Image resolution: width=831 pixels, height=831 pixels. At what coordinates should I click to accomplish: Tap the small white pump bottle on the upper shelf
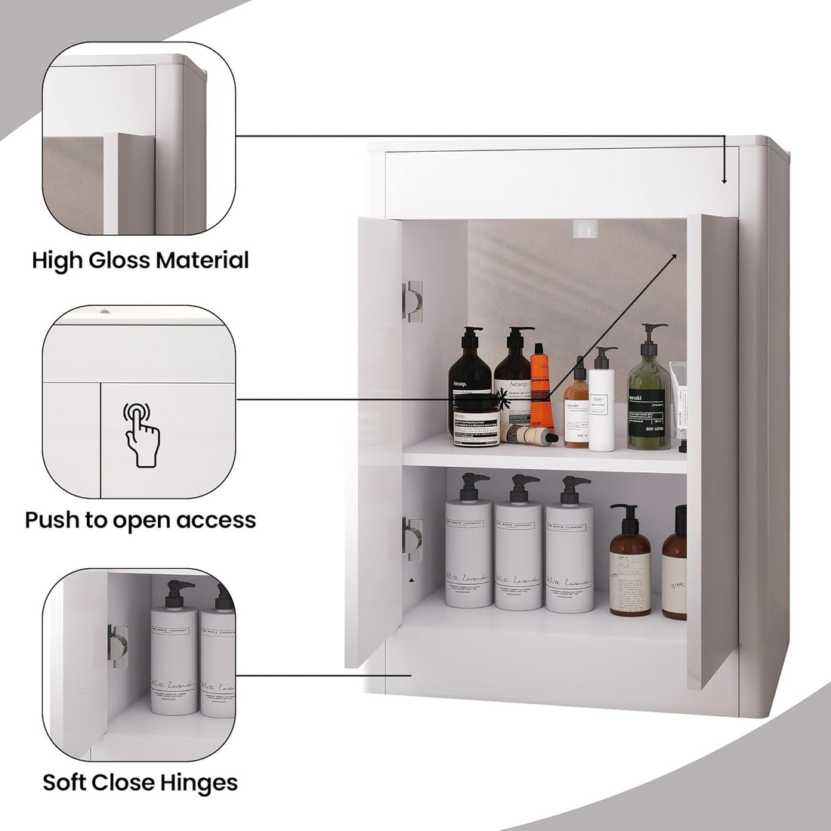602,404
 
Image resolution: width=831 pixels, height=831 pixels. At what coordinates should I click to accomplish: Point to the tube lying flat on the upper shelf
529,434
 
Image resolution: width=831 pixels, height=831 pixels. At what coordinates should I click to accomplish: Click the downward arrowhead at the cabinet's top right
724,181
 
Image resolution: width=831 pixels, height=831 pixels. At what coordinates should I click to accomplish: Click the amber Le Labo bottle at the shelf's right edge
675,567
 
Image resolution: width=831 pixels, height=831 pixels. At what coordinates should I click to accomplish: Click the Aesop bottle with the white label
514,382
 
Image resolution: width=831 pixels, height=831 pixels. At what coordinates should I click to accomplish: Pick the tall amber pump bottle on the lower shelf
630,559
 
